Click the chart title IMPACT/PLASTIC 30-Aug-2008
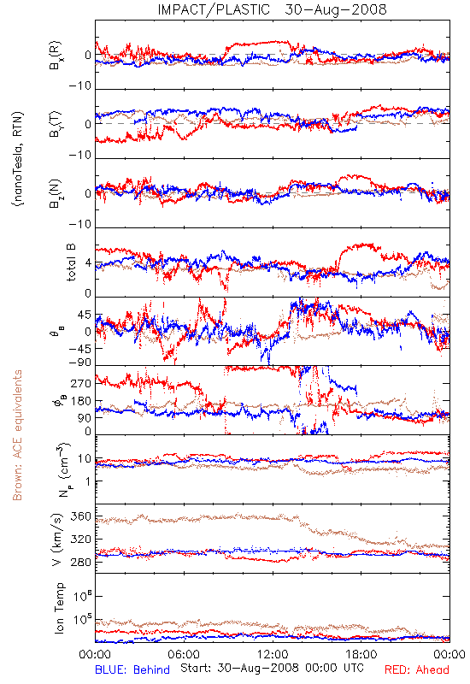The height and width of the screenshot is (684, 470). (272, 9)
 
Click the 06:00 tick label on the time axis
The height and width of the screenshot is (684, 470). (184, 654)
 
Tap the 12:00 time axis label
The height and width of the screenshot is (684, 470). (273, 654)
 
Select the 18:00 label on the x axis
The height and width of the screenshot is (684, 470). (361, 654)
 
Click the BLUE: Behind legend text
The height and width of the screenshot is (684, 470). (132, 669)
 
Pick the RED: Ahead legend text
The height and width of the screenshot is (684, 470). (416, 669)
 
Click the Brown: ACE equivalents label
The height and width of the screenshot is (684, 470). (17, 435)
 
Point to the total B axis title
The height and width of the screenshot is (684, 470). (71, 262)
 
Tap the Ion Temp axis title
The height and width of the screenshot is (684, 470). (59, 608)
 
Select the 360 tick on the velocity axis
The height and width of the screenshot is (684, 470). (81, 516)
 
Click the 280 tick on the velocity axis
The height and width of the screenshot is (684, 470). (81, 563)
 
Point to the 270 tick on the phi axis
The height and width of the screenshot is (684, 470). (81, 383)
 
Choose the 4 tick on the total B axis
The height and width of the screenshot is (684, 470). (89, 263)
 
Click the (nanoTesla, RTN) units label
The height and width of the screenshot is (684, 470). (19, 159)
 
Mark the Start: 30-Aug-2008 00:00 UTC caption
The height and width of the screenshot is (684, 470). (272, 668)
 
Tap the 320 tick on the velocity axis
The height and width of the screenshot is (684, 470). (81, 540)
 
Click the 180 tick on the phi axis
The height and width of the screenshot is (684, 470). (81, 401)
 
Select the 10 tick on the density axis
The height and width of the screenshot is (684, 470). (85, 459)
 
